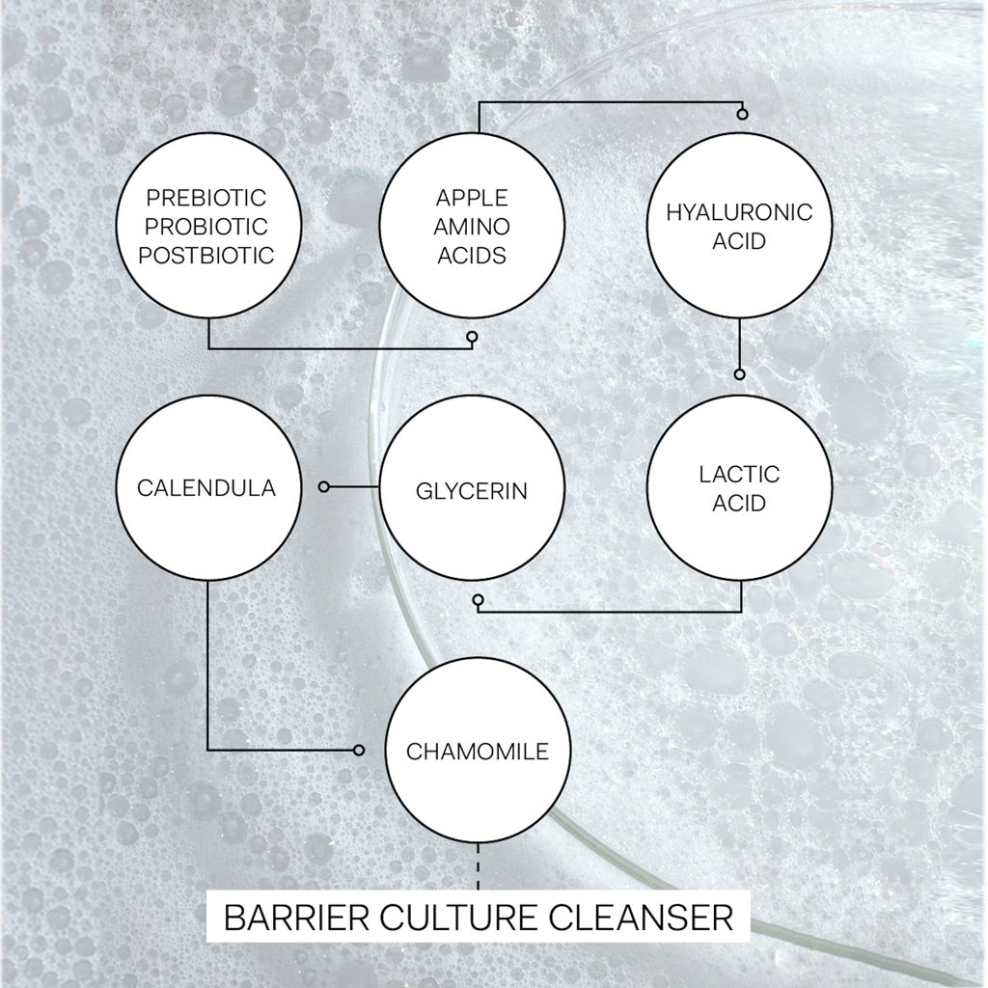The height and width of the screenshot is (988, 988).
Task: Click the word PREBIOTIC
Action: [x=206, y=198]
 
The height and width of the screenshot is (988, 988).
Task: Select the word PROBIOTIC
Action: [x=206, y=227]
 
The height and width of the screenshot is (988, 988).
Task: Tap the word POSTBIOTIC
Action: [x=206, y=255]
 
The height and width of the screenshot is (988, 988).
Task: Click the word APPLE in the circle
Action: [x=472, y=198]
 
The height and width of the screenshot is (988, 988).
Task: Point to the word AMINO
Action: [x=472, y=227]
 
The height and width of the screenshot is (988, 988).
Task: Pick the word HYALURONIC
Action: [x=739, y=212]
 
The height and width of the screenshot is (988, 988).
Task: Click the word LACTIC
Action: [x=739, y=474]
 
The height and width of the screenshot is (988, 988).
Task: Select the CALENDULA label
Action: [x=206, y=488]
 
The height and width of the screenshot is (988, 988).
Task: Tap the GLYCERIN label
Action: [x=472, y=491]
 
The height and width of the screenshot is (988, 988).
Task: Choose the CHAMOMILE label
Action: [x=477, y=751]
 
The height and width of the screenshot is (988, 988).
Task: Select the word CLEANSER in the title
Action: [x=642, y=918]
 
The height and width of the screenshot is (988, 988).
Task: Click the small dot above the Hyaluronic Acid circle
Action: [x=742, y=114]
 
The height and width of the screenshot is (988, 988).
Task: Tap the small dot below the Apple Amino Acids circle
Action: [x=471, y=337]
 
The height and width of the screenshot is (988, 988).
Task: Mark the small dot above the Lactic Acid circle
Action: [x=740, y=374]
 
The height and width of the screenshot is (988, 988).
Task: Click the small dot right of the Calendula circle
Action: [x=324, y=487]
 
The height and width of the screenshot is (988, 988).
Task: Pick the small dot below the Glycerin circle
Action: [x=478, y=599]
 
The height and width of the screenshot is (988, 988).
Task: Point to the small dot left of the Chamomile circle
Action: [x=359, y=751]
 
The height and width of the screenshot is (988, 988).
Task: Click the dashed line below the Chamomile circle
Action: [x=478, y=866]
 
